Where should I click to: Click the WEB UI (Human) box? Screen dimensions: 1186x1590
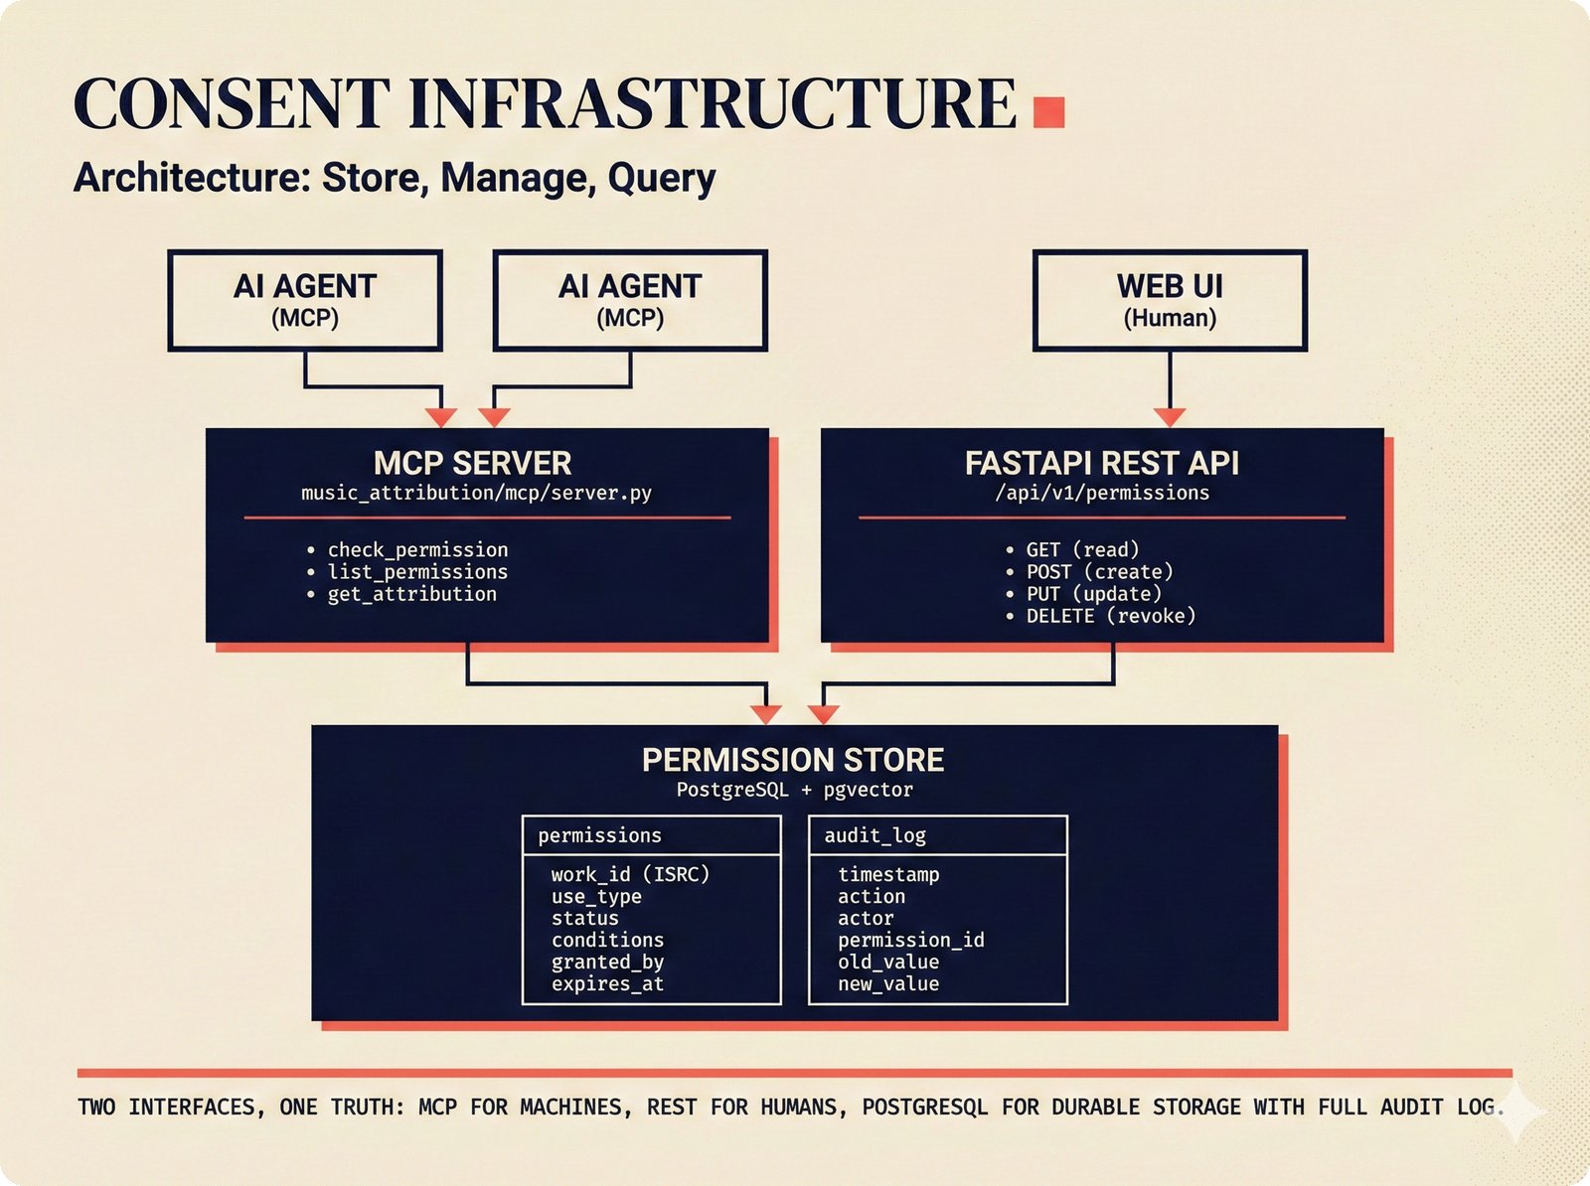coord(1170,300)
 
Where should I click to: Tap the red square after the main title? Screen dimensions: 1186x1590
coord(1048,111)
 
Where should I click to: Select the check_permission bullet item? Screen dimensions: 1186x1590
coord(417,549)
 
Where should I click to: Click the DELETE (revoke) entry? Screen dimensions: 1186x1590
coord(1110,616)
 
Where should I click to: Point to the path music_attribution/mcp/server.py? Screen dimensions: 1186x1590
coord(476,493)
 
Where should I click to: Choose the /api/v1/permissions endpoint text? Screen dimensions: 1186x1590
coord(1102,493)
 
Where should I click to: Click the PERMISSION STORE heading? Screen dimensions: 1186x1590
coord(792,760)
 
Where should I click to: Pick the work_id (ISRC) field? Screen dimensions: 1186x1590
coord(630,874)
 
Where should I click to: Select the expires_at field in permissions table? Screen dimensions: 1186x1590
coord(607,984)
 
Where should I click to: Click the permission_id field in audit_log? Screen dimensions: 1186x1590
coord(910,940)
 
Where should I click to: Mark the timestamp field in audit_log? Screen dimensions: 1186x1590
coord(887,874)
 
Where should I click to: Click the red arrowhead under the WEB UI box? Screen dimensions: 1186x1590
coord(1170,417)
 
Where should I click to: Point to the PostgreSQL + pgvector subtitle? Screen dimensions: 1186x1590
coord(794,790)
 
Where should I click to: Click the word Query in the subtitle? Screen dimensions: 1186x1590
coord(661,178)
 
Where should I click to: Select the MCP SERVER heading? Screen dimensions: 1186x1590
coord(472,463)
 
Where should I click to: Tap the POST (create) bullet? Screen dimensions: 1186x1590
coord(1099,572)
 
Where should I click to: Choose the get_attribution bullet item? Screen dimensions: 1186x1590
coord(411,594)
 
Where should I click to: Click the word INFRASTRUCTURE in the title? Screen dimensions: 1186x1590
coord(712,103)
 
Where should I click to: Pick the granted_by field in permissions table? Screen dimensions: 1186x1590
coord(607,962)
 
